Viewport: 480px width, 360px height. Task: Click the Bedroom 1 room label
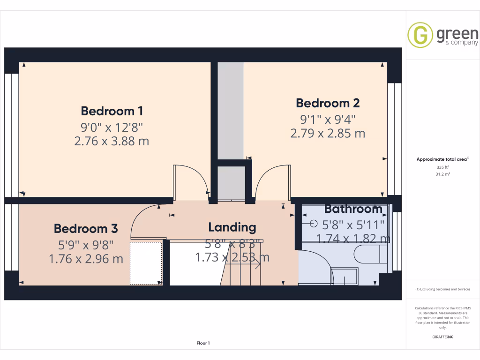point(112,111)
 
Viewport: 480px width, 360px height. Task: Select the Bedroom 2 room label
point(328,103)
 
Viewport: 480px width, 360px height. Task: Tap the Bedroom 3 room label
point(86,229)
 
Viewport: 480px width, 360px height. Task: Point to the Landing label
point(232,227)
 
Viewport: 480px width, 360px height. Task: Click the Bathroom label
point(353,209)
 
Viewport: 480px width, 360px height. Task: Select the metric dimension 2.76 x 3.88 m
point(112,141)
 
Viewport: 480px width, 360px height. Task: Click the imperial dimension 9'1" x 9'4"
point(328,119)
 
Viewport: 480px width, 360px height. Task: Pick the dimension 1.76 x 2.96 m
point(86,258)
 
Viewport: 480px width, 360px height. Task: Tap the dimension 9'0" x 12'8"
point(112,127)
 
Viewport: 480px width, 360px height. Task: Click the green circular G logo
point(420,35)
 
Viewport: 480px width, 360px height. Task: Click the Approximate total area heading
point(442,159)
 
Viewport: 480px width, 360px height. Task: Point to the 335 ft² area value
point(442,167)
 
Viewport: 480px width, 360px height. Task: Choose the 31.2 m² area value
point(442,174)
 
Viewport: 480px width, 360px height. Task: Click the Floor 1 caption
point(203,343)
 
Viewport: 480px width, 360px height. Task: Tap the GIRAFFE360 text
point(443,337)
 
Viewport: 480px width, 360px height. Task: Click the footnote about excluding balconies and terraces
point(443,289)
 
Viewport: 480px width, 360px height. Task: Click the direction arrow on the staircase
point(257,265)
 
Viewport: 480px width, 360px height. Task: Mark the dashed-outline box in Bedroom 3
point(146,262)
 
